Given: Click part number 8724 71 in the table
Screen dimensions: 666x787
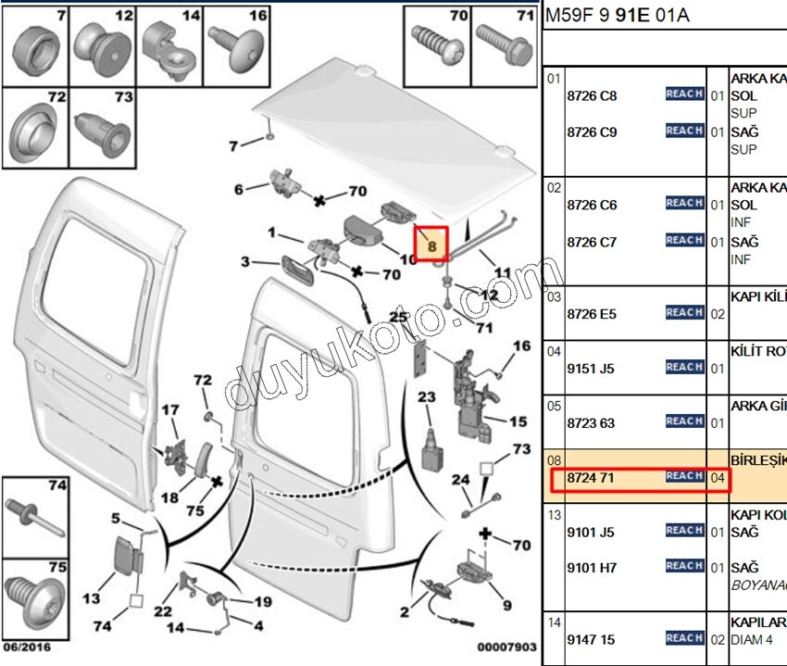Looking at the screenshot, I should pyautogui.click(x=592, y=478).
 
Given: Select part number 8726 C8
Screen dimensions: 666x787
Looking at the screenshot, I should pyautogui.click(x=592, y=95).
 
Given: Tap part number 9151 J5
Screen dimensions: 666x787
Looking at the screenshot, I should pyautogui.click(x=592, y=369).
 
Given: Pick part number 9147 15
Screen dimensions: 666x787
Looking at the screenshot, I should pyautogui.click(x=591, y=639).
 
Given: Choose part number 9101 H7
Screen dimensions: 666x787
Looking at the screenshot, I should pyautogui.click(x=592, y=568).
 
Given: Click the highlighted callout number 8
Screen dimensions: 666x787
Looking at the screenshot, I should pyautogui.click(x=431, y=245).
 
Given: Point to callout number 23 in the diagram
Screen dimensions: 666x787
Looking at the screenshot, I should pyautogui.click(x=426, y=397).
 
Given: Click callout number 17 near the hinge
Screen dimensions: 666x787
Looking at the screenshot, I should pyautogui.click(x=170, y=410).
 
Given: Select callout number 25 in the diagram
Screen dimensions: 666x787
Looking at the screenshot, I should pyautogui.click(x=399, y=318).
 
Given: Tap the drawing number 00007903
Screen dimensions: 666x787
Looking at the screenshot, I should pyautogui.click(x=506, y=647).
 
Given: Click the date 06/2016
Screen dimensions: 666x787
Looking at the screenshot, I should pyautogui.click(x=27, y=647).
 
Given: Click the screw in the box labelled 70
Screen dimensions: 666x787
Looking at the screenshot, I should pyautogui.click(x=439, y=42).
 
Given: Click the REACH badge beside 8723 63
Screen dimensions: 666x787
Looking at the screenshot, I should pyautogui.click(x=684, y=421).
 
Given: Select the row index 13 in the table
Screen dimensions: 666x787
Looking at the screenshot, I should pyautogui.click(x=554, y=515).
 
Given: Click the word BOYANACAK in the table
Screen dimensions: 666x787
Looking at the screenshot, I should pyautogui.click(x=758, y=584).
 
